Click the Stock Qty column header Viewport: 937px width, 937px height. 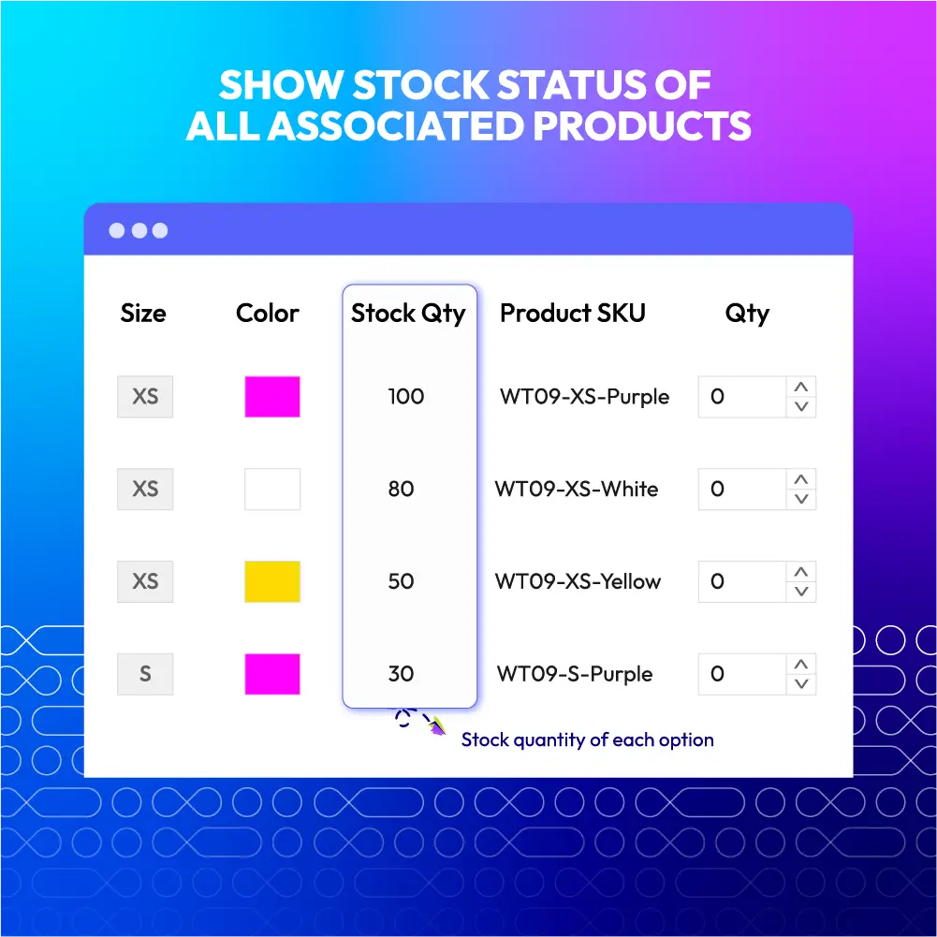tap(408, 314)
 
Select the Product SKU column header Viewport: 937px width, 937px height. tap(573, 314)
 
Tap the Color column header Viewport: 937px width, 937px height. tap(267, 314)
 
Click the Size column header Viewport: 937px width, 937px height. tap(143, 314)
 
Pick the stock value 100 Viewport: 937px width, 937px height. tap(405, 396)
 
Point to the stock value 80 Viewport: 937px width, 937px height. tap(401, 489)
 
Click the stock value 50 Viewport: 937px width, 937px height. tap(401, 581)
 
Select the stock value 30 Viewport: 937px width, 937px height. tap(401, 674)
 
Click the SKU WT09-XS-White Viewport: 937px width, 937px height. tap(577, 489)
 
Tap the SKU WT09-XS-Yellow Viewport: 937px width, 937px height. tap(578, 581)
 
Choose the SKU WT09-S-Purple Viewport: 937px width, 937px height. tap(575, 674)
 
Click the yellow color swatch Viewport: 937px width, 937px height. tap(272, 581)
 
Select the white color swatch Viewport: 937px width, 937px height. tap(272, 489)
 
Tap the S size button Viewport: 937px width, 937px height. tap(145, 674)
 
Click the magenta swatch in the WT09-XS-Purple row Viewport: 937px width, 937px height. tap(272, 397)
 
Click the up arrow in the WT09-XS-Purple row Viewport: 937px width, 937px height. tap(801, 387)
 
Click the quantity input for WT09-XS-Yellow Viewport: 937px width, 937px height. tap(742, 581)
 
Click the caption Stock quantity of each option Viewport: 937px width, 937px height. tap(588, 739)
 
